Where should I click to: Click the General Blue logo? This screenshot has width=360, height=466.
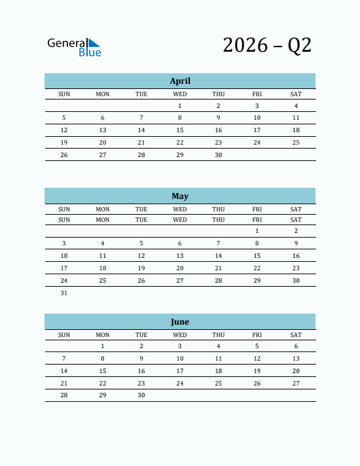[x=74, y=46]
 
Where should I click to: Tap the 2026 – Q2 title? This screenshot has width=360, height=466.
[x=267, y=45]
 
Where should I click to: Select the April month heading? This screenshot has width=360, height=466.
[x=180, y=81]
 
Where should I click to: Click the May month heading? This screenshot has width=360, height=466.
[x=180, y=196]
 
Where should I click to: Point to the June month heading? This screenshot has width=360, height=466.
[x=180, y=321]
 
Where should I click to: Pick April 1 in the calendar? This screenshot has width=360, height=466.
[x=180, y=106]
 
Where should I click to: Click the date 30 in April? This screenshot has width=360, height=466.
[x=219, y=155]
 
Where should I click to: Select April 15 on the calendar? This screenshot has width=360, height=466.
[x=180, y=130]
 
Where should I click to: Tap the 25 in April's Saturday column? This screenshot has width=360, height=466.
[x=296, y=143]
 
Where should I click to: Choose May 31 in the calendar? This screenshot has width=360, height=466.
[x=64, y=293]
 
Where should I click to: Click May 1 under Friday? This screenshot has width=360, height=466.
[x=257, y=231]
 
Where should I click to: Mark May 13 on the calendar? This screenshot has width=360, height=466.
[x=180, y=256]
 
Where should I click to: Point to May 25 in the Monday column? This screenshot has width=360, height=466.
[x=103, y=281]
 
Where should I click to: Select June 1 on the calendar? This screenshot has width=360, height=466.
[x=103, y=346]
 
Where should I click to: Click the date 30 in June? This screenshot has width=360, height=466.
[x=141, y=395]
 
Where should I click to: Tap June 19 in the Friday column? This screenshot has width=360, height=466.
[x=257, y=370]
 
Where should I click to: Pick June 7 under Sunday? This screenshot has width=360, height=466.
[x=64, y=359]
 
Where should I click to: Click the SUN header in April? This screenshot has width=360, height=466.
[x=64, y=94]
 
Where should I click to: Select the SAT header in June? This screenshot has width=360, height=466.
[x=296, y=335]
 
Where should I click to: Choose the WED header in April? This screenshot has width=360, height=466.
[x=180, y=94]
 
